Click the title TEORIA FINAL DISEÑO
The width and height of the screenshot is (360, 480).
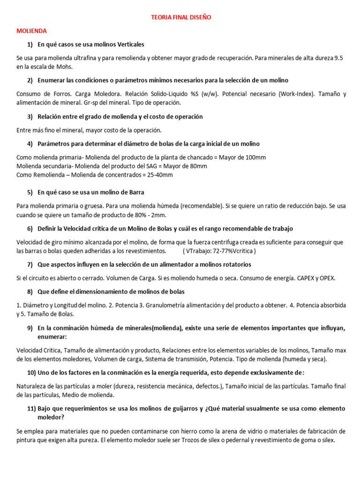tap(181, 17)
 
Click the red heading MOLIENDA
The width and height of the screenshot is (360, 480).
tap(31, 30)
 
